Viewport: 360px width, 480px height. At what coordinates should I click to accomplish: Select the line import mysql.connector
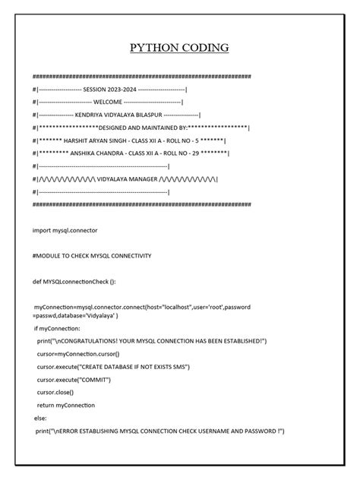65,229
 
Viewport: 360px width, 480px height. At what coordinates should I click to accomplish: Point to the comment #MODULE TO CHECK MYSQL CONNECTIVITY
92,255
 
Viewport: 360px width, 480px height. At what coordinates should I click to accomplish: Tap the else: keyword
41,418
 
